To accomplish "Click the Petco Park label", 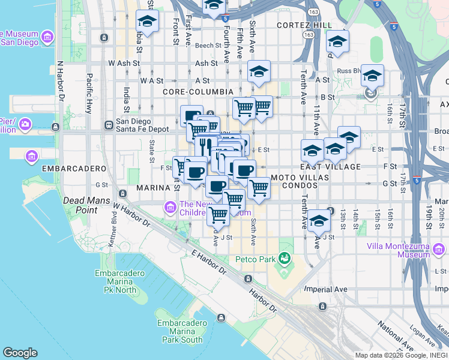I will pos(255,259).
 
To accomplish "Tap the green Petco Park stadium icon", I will pos(285,259).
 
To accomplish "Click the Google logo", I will pos(20,353).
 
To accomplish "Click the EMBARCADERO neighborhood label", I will pos(70,169).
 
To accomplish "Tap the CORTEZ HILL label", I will pos(304,25).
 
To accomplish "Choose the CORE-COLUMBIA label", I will pos(197,92).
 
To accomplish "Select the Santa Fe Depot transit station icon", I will pos(109,125).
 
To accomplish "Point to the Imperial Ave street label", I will pos(326,289).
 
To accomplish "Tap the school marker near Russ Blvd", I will pos(372,76).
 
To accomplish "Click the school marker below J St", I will pos(319,220).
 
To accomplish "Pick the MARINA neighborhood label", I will pos(154,188).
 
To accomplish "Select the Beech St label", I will pos(208,45).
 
